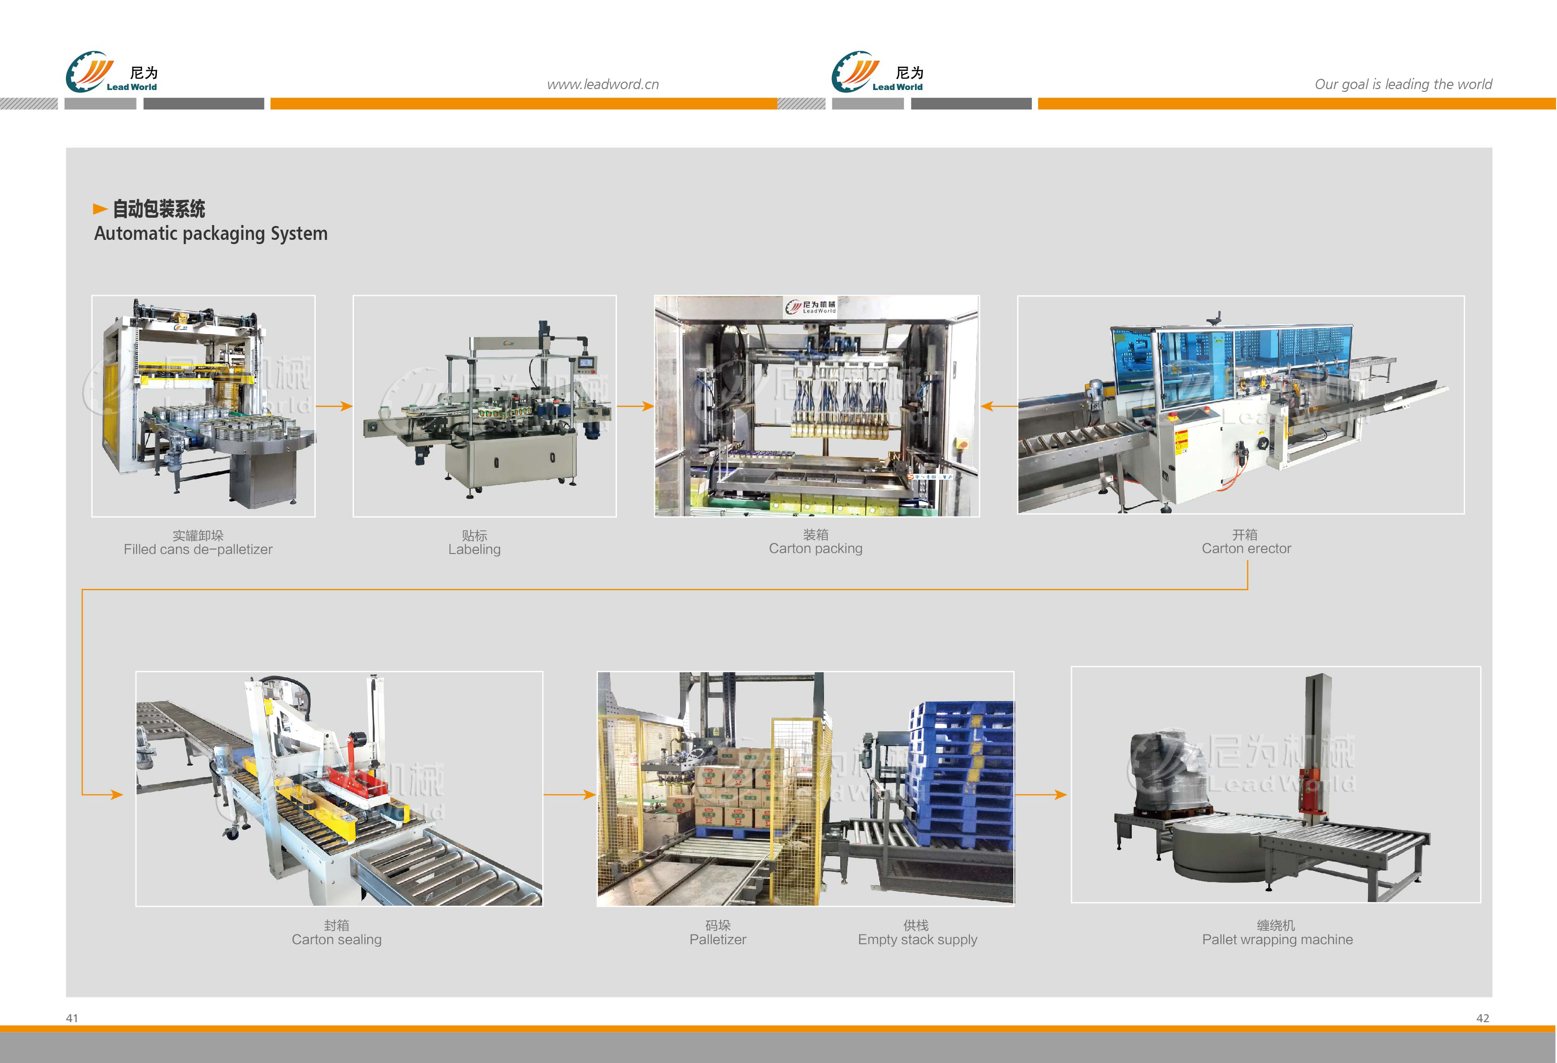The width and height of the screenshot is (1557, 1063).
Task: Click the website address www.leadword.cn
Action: coord(602,84)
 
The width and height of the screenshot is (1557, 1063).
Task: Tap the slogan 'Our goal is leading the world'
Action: coord(1403,84)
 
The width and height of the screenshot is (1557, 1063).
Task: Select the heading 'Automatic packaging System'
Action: coord(210,234)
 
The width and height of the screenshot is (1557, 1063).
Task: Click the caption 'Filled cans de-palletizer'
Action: coord(198,549)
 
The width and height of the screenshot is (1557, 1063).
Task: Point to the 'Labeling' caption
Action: coord(474,549)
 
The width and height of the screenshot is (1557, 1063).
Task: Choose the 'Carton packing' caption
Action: coord(815,548)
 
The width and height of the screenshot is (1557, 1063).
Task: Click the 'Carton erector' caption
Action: coord(1246,548)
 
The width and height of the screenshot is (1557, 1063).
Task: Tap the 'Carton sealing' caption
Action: coord(336,939)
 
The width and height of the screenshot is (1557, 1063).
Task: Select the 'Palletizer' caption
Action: coord(718,939)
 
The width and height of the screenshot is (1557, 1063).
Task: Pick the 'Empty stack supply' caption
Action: coord(917,939)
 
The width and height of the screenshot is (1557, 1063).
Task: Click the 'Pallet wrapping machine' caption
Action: coord(1277,939)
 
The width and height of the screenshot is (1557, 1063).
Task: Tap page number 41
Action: coord(71,1018)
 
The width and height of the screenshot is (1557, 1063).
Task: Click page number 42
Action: coord(1483,1018)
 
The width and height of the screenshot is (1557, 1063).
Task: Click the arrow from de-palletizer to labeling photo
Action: coord(334,406)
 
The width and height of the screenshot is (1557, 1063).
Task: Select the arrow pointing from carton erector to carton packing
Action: coord(998,406)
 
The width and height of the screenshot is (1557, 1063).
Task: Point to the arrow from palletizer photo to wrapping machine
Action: coord(1041,795)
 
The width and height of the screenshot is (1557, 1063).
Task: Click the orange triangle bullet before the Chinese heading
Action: coord(100,209)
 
